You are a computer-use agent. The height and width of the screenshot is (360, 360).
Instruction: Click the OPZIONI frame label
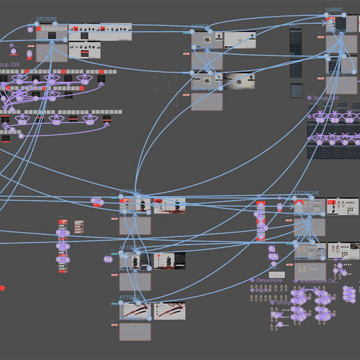tap(47, 19)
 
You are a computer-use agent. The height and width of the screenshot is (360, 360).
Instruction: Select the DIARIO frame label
tap(334, 10)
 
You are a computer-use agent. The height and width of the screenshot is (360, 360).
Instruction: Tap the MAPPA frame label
tap(200, 26)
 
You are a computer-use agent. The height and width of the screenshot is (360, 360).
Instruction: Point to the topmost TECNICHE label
tap(306, 193)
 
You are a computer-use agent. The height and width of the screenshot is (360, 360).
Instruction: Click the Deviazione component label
tap(269, 280)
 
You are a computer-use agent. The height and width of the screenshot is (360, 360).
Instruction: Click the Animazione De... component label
tap(318, 281)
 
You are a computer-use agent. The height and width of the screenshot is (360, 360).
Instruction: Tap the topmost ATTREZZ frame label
tap(131, 192)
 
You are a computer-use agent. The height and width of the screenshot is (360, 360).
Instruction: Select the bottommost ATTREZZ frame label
tap(131, 298)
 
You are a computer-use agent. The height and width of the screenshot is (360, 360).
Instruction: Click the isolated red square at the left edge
tap(2, 288)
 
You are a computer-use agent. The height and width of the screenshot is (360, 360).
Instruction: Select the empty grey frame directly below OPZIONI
tap(52, 52)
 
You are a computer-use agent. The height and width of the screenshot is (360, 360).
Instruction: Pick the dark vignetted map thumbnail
tap(239, 81)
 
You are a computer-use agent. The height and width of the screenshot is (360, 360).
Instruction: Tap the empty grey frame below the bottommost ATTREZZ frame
tap(135, 332)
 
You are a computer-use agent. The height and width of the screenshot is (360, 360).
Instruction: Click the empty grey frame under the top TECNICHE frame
tap(309, 227)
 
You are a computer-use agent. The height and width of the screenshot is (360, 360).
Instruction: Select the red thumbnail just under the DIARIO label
tap(331, 23)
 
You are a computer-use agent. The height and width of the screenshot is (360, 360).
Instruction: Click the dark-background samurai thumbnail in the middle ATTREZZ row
tap(169, 260)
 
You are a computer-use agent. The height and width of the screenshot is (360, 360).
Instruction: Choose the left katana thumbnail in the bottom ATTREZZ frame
tap(135, 311)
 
